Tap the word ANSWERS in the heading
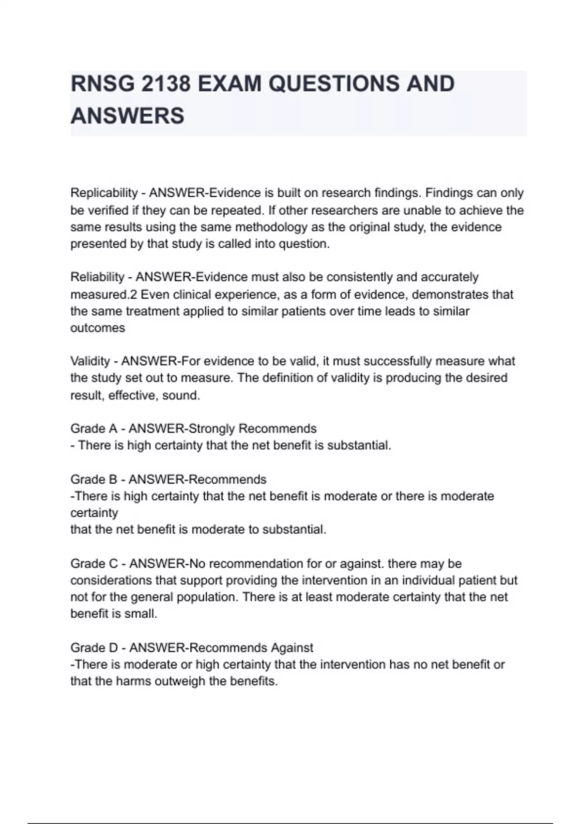click(x=127, y=116)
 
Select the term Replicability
click(x=104, y=193)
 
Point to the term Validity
click(x=90, y=362)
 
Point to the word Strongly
click(x=211, y=429)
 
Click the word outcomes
click(x=98, y=328)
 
